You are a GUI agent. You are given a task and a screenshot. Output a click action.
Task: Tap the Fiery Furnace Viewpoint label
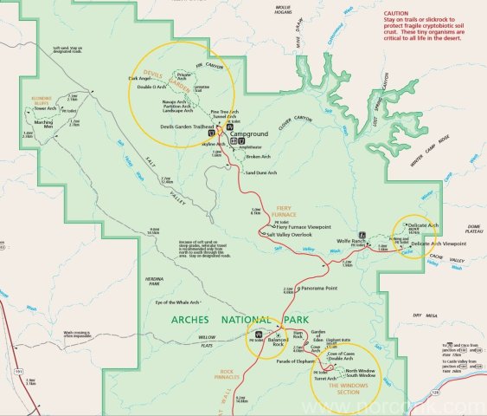pyautogui.click(x=301, y=226)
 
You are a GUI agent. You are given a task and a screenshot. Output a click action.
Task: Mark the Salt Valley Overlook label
pyautogui.click(x=289, y=235)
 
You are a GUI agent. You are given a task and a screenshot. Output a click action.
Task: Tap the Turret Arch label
pyautogui.click(x=325, y=378)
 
